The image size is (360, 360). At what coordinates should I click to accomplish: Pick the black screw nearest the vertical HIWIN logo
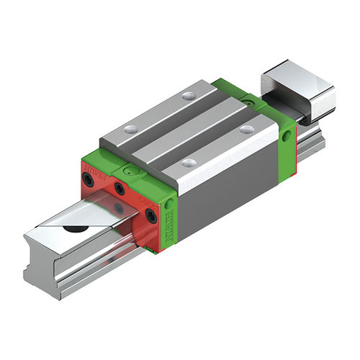(150, 215)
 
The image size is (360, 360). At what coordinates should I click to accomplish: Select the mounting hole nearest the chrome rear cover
(247, 130)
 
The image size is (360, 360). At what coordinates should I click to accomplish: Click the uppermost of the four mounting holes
(189, 95)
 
